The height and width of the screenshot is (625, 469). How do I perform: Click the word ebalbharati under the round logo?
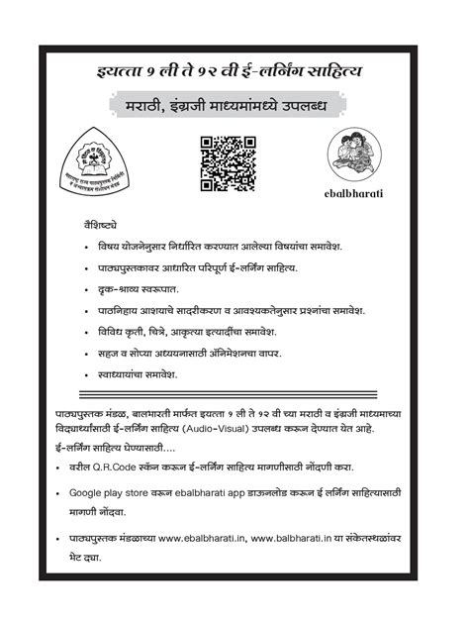coord(353,191)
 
